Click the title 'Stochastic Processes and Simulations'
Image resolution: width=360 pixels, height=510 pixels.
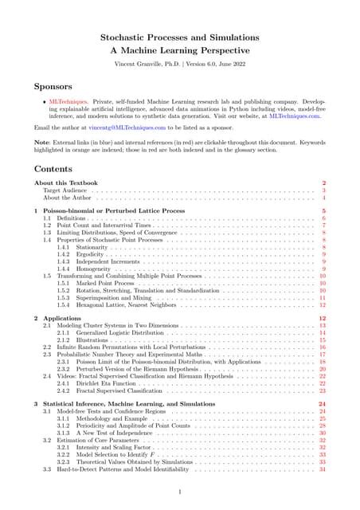point(180,37)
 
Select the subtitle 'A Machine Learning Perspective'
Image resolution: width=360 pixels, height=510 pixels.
point(180,50)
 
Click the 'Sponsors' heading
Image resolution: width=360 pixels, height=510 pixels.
point(55,86)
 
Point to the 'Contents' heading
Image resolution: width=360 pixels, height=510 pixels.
point(54,169)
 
